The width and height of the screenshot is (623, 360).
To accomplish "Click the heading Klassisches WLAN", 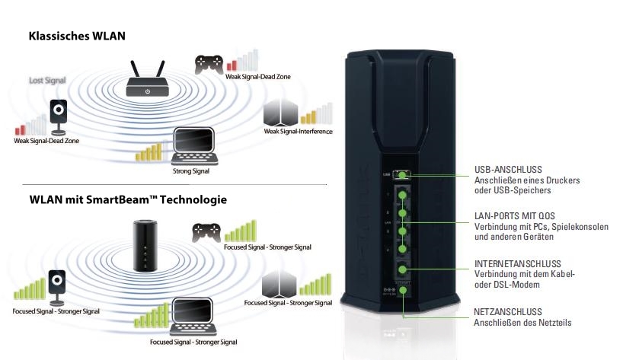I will pos(77,36).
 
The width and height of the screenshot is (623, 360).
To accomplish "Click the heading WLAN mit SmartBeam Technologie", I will pos(128,200).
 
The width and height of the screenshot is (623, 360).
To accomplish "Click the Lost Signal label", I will pos(47,80).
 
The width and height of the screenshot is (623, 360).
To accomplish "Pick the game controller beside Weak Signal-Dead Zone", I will pos(208,64).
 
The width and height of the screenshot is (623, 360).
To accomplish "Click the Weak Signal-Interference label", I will pos(298,132).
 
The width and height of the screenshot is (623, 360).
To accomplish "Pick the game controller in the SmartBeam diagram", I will pos(206,231).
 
